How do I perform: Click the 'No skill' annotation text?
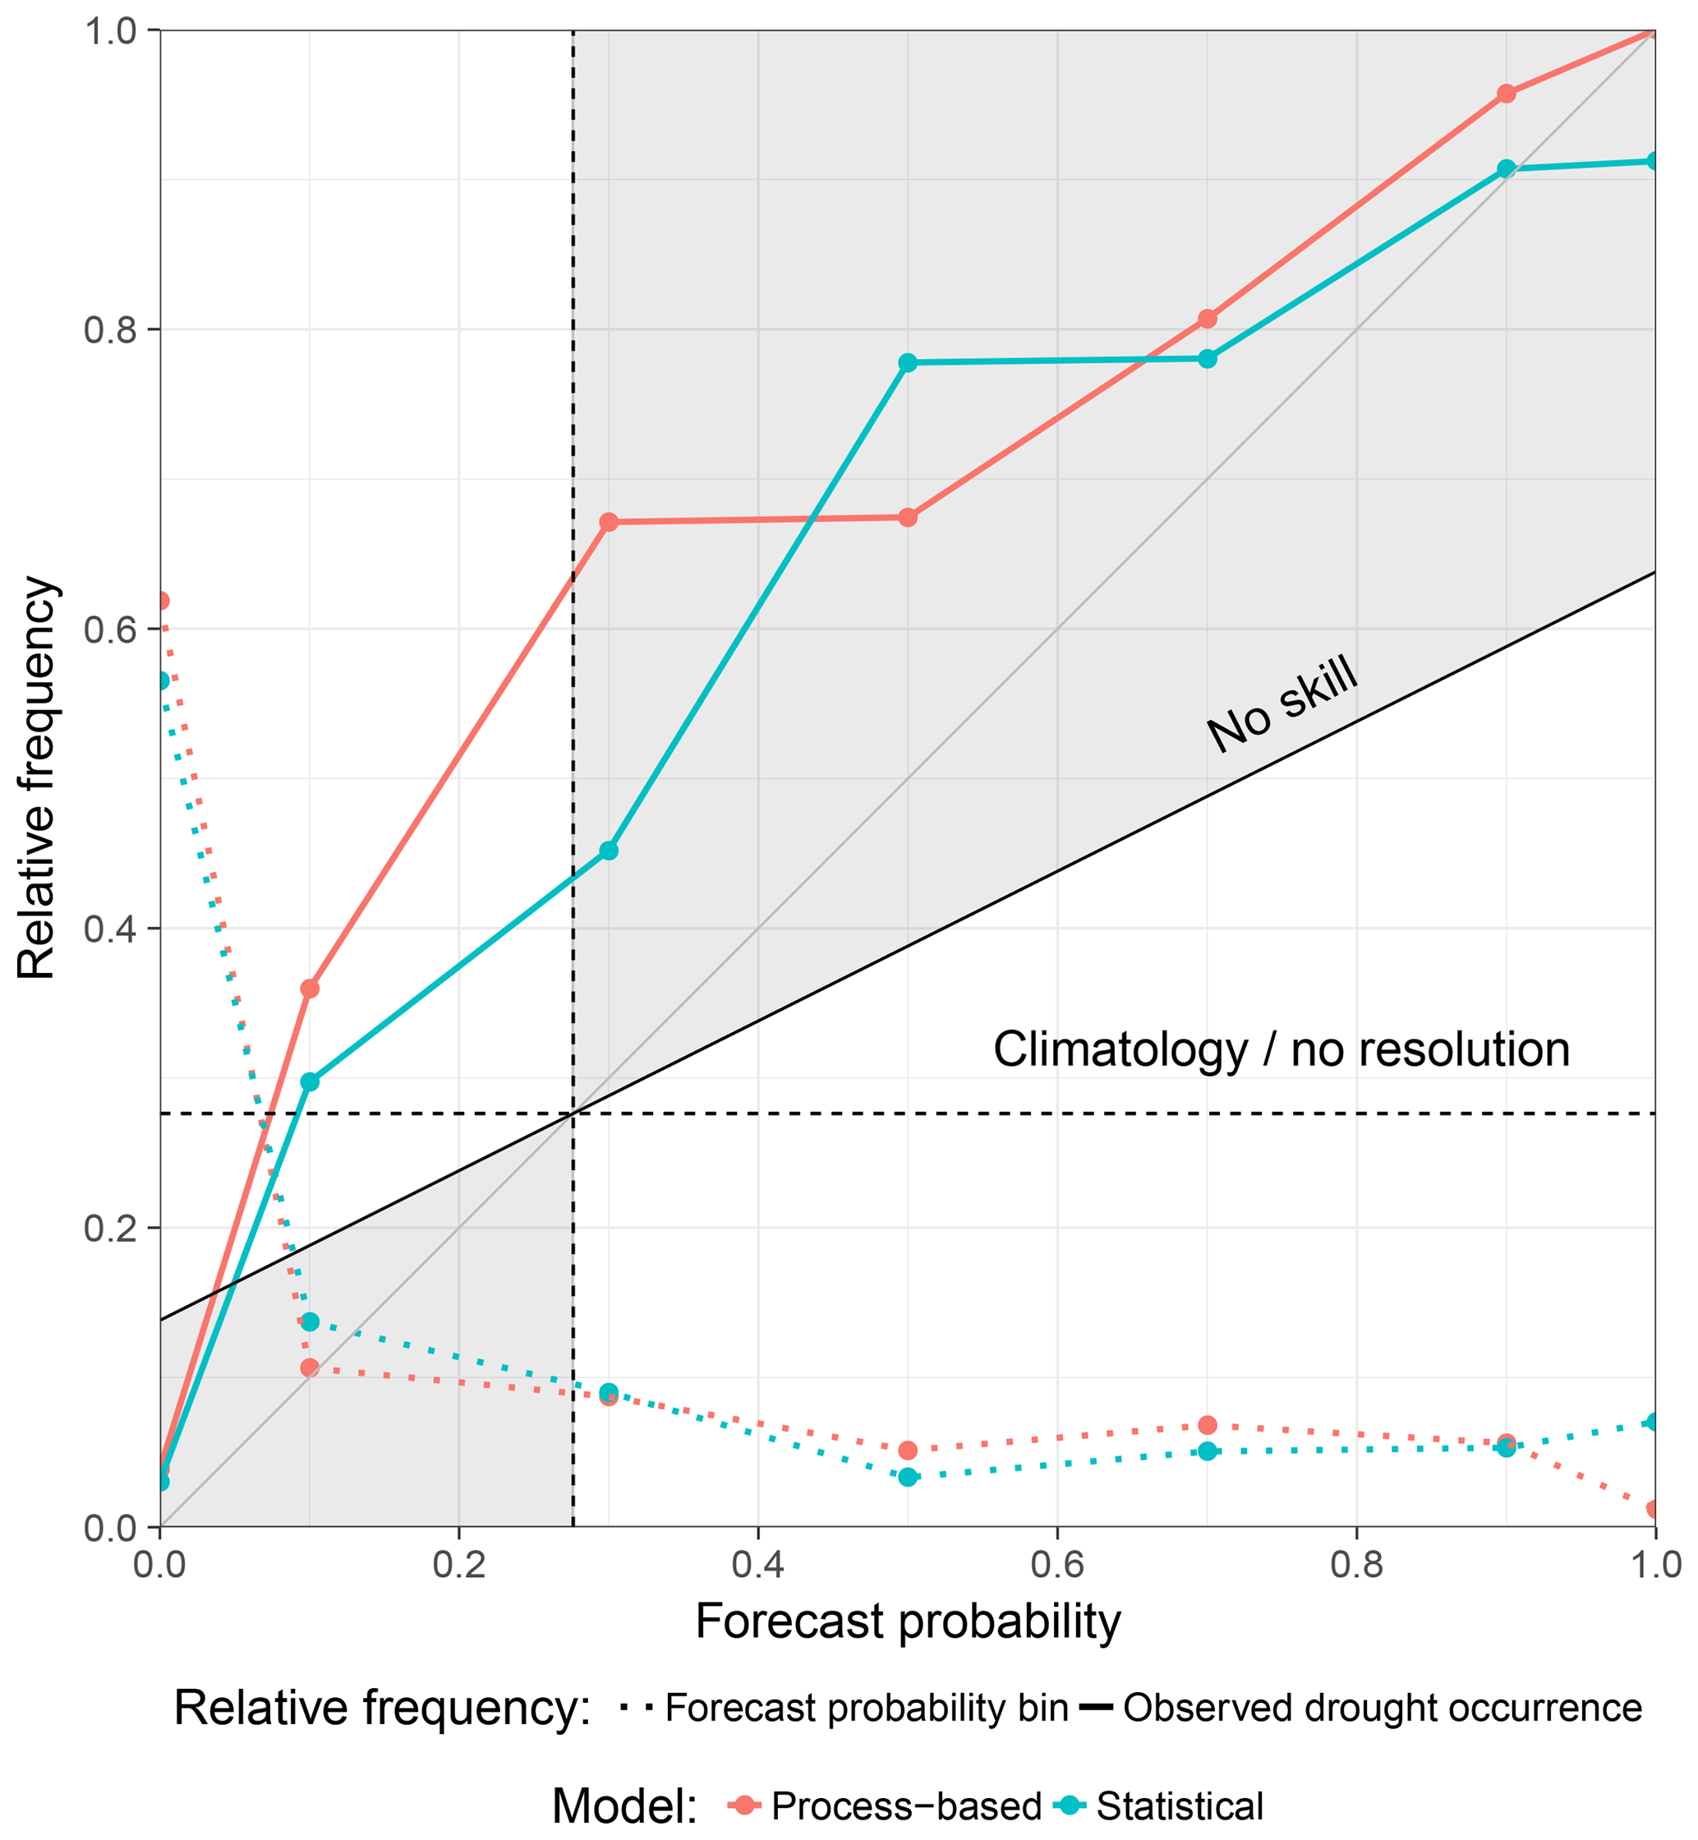[x=1282, y=704]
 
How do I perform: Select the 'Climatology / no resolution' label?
[x=1281, y=1049]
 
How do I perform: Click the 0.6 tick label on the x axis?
[x=1056, y=1563]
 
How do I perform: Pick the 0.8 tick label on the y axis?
[x=109, y=330]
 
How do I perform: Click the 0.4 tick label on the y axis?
[x=109, y=929]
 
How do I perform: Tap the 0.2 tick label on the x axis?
[x=458, y=1563]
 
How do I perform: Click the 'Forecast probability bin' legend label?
[x=867, y=1708]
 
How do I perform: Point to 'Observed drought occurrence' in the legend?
[x=1382, y=1708]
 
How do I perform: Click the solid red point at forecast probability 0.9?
[x=1506, y=94]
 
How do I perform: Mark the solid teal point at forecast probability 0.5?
[x=908, y=363]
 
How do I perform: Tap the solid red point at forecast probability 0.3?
[x=608, y=522]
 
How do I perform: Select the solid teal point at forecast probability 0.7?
[x=1208, y=358]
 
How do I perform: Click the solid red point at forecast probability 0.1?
[x=310, y=989]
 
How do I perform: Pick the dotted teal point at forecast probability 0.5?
[x=908, y=1477]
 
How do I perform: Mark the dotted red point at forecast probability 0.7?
[x=1208, y=1424]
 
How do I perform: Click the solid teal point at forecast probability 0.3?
[x=608, y=851]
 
